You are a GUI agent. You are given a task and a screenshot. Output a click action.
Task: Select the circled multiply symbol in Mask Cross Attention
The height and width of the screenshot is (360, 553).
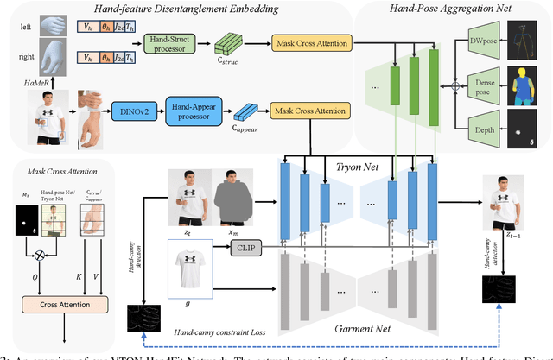click(37, 256)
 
